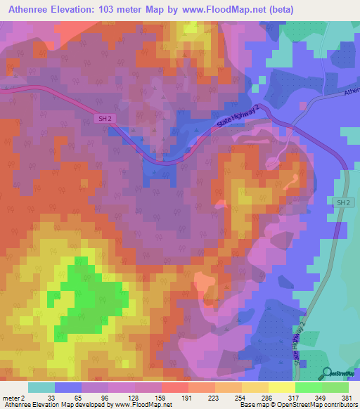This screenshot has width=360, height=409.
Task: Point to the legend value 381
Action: pos(348,398)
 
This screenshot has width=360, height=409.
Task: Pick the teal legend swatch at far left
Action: pos(41,387)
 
